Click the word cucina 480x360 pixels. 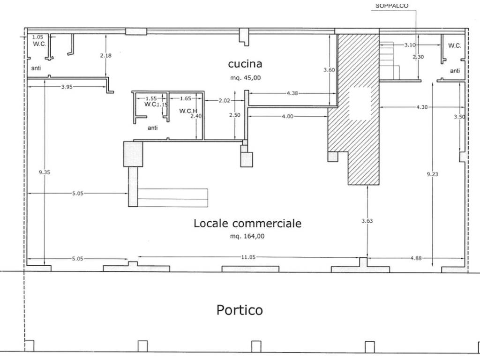pos(245,64)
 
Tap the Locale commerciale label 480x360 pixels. pos(247,223)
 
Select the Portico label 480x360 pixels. pos(240,310)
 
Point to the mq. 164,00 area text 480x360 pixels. pos(247,236)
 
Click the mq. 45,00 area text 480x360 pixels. pos(246,78)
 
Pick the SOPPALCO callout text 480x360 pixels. pos(392,6)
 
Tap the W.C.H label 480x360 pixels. pos(188,111)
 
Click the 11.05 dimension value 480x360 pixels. pos(248,257)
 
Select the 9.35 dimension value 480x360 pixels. pos(45,172)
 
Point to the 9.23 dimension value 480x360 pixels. pos(432,174)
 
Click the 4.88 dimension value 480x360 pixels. pos(416,258)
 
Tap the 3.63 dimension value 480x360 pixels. pos(367,221)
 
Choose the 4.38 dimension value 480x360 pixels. pos(292,93)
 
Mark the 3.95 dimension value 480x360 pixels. pos(67,87)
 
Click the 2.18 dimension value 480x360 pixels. pos(105,55)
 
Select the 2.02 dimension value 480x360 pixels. pos(224,100)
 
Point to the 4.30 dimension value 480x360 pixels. pos(422,107)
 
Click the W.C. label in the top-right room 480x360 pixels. pos(455,45)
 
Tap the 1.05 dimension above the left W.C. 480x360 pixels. pos(37,37)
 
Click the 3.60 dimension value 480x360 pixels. pos(329,70)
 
